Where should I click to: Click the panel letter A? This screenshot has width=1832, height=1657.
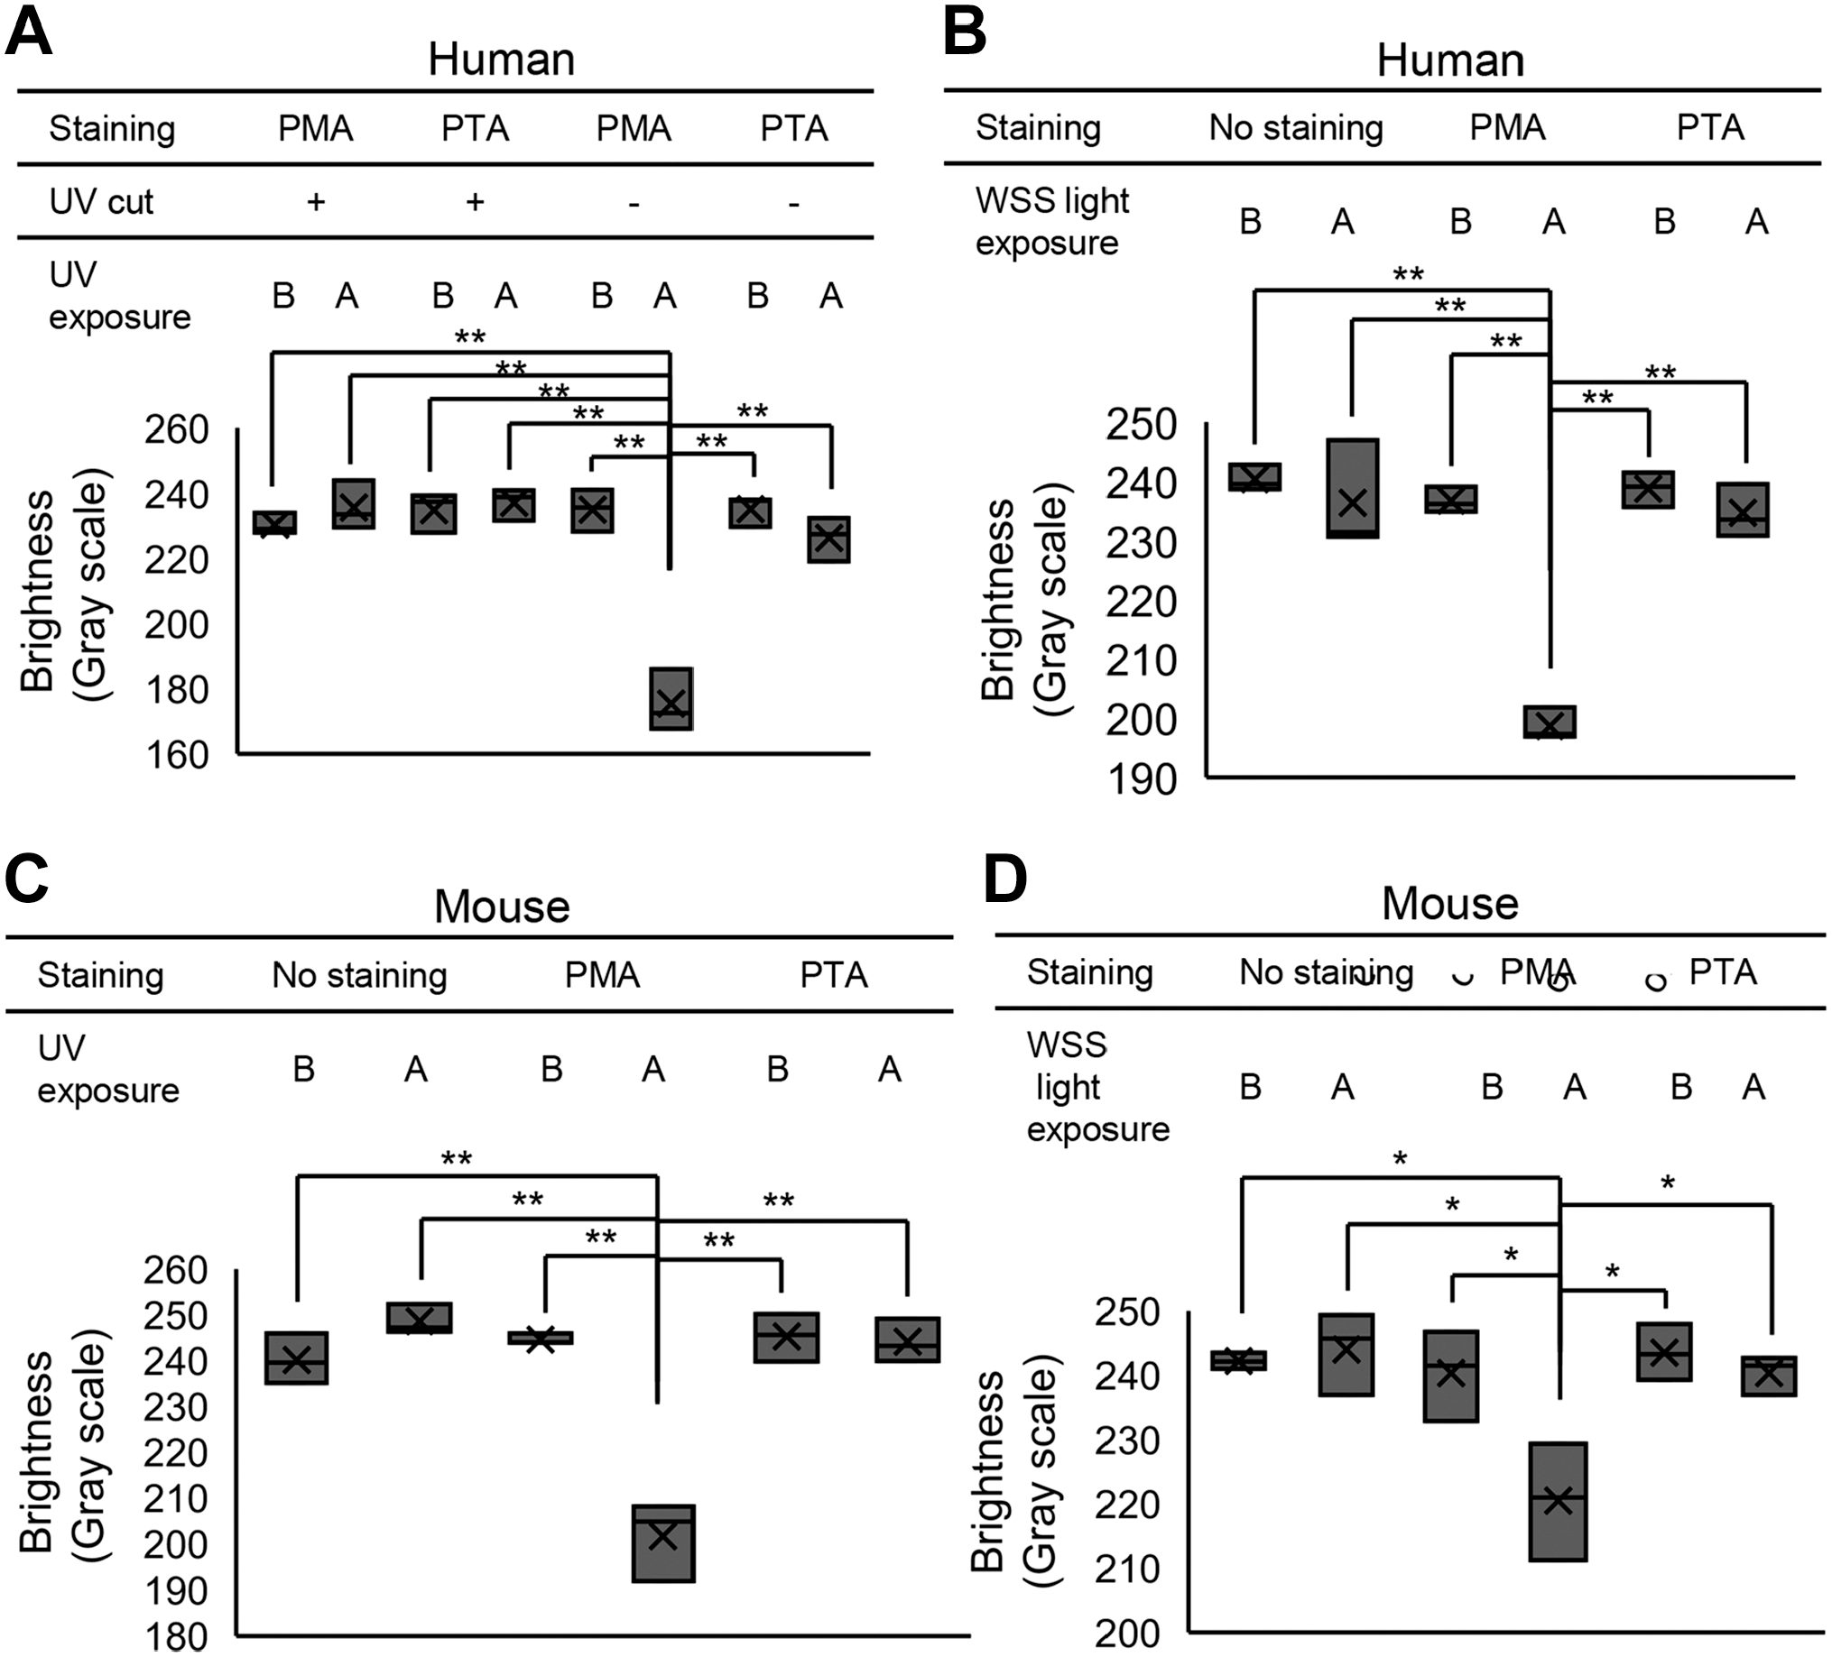click(x=29, y=32)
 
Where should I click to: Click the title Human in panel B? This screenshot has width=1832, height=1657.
click(x=1449, y=60)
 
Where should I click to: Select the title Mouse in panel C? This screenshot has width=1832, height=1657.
click(x=502, y=907)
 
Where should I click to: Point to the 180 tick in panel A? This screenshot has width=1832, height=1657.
click(x=176, y=690)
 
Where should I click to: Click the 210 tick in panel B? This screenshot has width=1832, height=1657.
click(x=1142, y=661)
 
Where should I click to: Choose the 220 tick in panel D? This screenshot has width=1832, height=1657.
click(x=1127, y=1505)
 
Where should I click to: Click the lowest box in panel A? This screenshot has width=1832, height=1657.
click(x=671, y=698)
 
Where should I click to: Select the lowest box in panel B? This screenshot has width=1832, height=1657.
click(x=1550, y=722)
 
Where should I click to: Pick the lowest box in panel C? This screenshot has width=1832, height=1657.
click(x=663, y=1543)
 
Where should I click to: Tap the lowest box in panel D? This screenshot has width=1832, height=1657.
click(x=1559, y=1502)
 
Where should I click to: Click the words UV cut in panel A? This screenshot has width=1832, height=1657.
click(x=101, y=202)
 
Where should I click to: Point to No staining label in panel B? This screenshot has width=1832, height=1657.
click(x=1296, y=128)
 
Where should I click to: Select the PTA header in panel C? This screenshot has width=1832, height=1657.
click(x=833, y=975)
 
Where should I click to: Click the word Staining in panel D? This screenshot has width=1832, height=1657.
click(x=1089, y=973)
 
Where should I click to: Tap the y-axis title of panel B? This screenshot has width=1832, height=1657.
click(x=1024, y=600)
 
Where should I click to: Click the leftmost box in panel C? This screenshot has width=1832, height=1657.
click(x=296, y=1358)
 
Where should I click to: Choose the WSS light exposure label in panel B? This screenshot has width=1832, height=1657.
click(x=1052, y=222)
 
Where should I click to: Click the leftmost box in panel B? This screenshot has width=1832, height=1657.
click(x=1255, y=477)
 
